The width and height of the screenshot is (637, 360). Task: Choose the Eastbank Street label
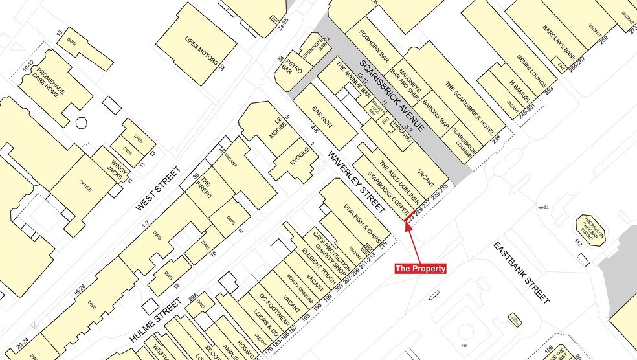point(522,273)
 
